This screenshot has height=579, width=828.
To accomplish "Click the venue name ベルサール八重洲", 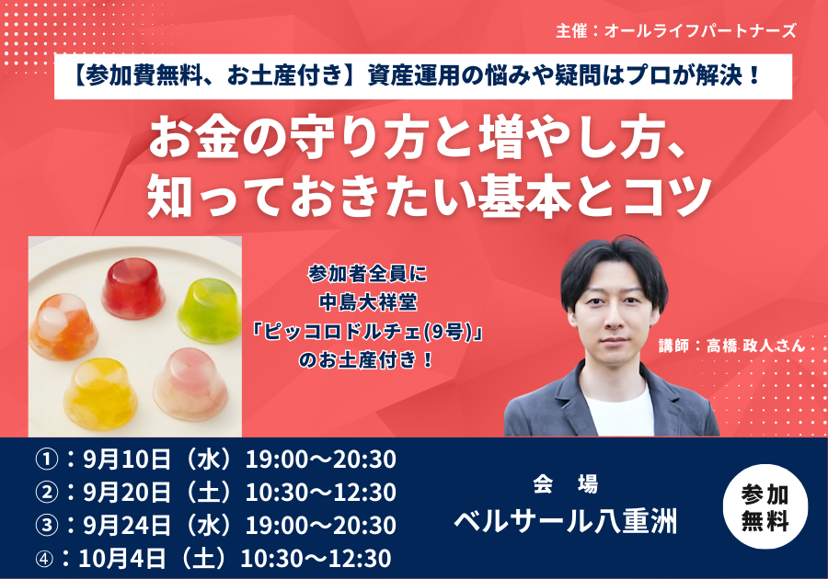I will pyautogui.click(x=565, y=522).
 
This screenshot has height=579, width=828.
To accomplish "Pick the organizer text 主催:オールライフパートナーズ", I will pyautogui.click(x=675, y=30).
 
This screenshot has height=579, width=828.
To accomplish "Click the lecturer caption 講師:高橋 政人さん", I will pyautogui.click(x=731, y=346).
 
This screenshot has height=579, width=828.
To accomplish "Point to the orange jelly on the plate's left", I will pyautogui.click(x=63, y=327).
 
